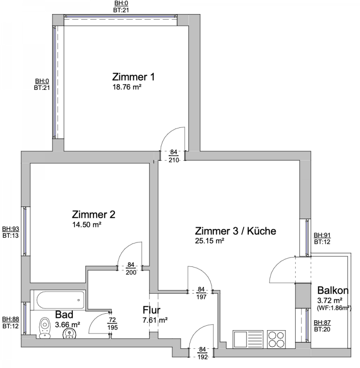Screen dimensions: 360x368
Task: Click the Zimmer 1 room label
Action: [x=133, y=77]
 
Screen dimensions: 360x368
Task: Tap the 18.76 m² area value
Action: [x=127, y=87]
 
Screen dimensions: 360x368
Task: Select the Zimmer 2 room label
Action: [x=94, y=214]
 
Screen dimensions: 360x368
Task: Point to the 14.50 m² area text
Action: [x=87, y=225]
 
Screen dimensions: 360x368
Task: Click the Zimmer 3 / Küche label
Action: [x=235, y=231]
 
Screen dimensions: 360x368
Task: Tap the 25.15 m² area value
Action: [x=210, y=241]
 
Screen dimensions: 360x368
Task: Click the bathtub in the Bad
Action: [x=60, y=300]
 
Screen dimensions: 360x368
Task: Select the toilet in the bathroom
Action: [x=45, y=328]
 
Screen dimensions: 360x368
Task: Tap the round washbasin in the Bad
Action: [x=69, y=333]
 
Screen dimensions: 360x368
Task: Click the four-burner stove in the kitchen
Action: [x=277, y=339]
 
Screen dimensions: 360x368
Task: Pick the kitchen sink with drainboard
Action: [x=248, y=339]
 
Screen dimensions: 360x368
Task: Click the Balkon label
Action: [x=333, y=291]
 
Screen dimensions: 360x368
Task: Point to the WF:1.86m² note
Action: [x=334, y=308]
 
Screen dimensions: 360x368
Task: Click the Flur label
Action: [x=151, y=310]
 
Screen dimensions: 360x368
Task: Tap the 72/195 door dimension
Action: [x=112, y=324]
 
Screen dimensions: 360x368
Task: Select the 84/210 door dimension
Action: [x=173, y=156]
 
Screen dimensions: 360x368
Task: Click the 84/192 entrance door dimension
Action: [x=202, y=353]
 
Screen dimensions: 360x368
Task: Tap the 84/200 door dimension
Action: [x=131, y=268]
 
